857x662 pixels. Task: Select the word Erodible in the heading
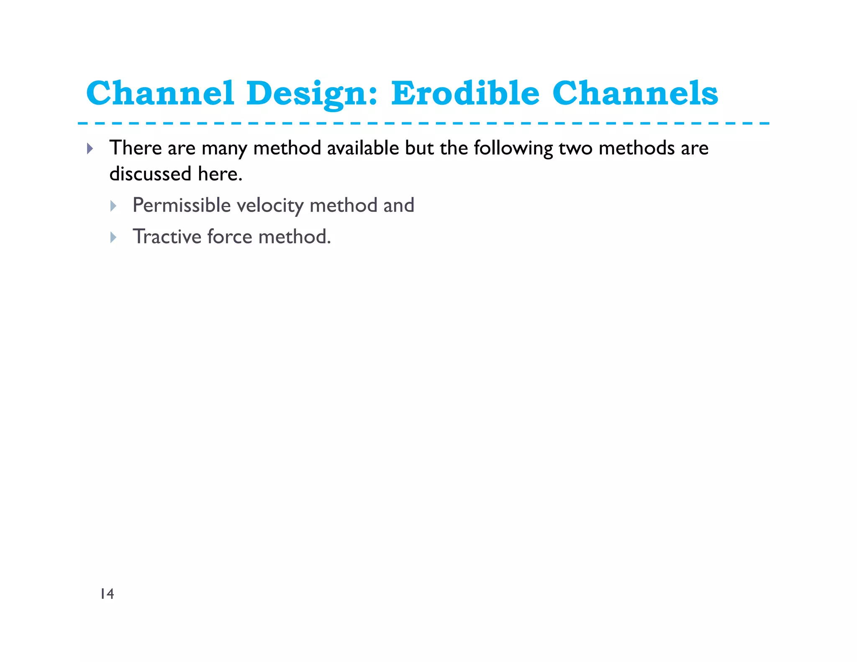click(x=465, y=93)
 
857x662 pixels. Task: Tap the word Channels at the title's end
click(x=635, y=93)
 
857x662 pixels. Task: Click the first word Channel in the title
click(x=160, y=93)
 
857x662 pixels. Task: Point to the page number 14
click(x=107, y=594)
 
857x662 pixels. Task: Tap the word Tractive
click(x=167, y=237)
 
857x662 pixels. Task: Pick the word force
click(x=230, y=237)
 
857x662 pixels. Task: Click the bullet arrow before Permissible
click(x=113, y=206)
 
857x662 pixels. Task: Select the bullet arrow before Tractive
click(x=113, y=238)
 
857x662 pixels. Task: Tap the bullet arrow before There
click(x=90, y=149)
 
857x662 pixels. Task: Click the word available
click(x=363, y=148)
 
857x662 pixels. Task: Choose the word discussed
click(x=150, y=174)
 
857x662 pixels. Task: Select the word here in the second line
click(x=220, y=174)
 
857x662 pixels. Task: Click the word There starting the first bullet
click(x=136, y=148)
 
